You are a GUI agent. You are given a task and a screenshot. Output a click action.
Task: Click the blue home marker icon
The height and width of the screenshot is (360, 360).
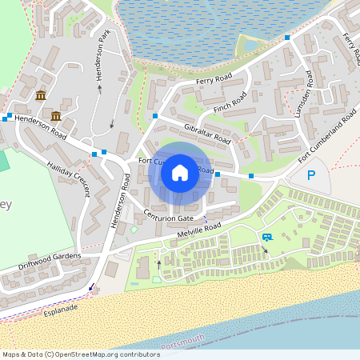pyautogui.click(x=180, y=172)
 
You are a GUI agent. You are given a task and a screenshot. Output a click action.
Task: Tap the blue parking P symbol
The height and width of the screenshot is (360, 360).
pyautogui.click(x=312, y=176)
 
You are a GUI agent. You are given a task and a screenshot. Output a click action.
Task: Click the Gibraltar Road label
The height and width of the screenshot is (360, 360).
pyautogui.click(x=206, y=134)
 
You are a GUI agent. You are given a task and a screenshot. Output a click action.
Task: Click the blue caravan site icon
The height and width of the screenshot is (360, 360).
pyautogui.click(x=266, y=237)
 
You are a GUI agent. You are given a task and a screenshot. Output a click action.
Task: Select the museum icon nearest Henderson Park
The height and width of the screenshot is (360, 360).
pyautogui.click(x=41, y=96)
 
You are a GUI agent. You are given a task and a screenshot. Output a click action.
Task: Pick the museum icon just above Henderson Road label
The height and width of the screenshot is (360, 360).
pyautogui.click(x=56, y=117)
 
